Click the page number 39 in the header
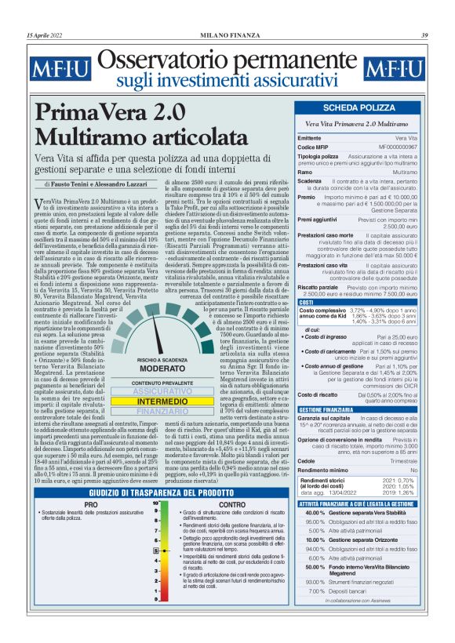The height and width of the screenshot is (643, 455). [424, 35]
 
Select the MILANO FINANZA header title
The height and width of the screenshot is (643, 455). [227, 35]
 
